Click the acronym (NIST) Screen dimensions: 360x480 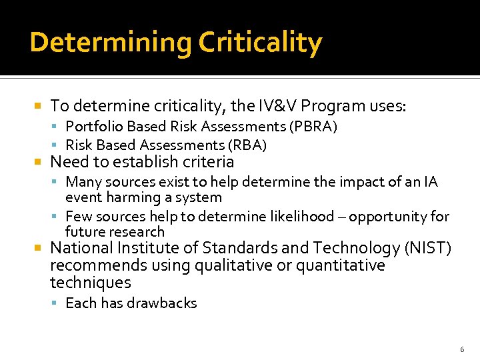(427, 249)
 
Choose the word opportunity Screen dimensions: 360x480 (389, 217)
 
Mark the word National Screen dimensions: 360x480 (81, 249)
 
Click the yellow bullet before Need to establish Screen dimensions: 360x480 (39, 162)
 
